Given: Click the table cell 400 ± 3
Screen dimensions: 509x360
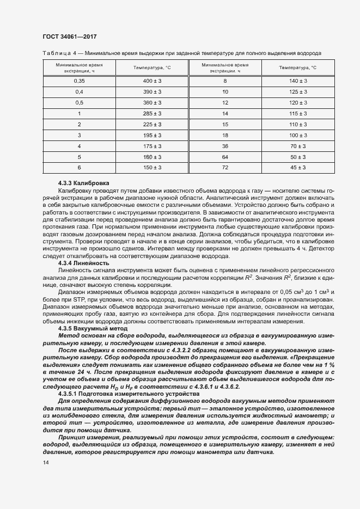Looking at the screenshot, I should [152, 81].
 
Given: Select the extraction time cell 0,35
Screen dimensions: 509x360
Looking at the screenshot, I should [79, 81].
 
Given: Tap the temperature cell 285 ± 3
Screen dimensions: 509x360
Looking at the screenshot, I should [152, 113].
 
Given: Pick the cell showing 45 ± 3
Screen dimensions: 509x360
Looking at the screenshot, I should [298, 168].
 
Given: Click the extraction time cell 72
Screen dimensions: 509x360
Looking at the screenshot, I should [225, 168].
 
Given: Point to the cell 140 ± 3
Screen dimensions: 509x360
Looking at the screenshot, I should [298, 81].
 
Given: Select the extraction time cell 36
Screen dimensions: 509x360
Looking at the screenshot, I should [225, 146].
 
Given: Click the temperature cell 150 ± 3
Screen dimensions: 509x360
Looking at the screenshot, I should [152, 168].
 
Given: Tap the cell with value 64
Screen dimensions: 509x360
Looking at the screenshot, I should [225, 157].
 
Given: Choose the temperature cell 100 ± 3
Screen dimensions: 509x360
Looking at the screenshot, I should [298, 135].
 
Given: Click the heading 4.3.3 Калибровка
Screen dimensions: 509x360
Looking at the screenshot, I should [84, 182].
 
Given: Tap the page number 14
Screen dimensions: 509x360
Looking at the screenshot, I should [45, 463].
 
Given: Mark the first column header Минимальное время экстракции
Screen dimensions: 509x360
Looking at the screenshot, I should [79, 68].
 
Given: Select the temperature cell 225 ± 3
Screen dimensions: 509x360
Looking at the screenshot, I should [152, 124].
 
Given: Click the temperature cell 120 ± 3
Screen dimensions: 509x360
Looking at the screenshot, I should [298, 102].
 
